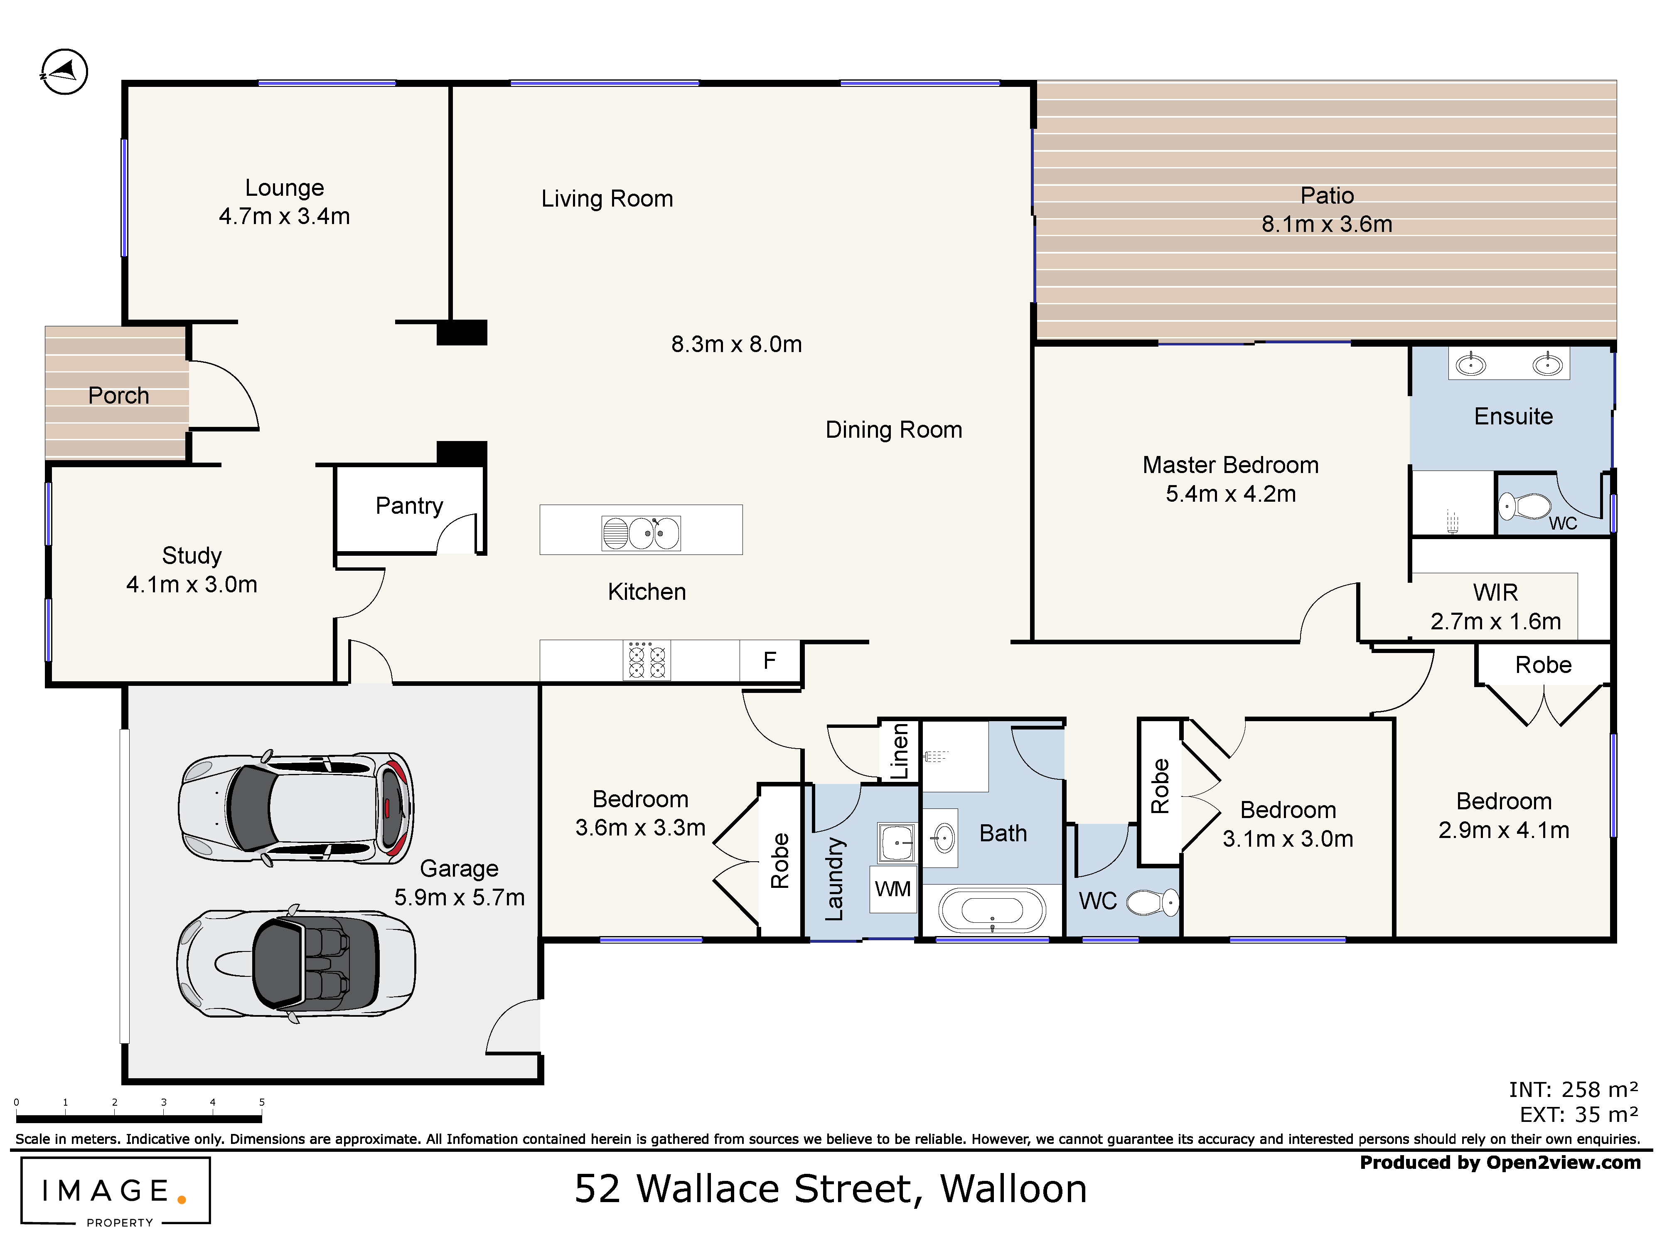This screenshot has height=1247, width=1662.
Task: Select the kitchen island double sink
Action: tap(641, 533)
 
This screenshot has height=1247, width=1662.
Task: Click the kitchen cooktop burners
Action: tap(647, 661)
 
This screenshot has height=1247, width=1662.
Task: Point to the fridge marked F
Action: tap(770, 661)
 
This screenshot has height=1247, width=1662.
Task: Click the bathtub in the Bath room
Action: tap(992, 911)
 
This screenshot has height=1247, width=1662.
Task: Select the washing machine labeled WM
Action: tap(892, 889)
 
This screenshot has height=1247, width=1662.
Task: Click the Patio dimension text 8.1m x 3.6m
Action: tap(1326, 224)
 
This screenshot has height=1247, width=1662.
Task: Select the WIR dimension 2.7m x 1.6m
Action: tap(1495, 621)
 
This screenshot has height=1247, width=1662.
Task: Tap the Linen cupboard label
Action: tap(900, 751)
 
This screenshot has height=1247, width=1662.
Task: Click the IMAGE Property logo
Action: tap(115, 1191)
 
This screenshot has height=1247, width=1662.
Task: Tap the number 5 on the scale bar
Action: tap(261, 1102)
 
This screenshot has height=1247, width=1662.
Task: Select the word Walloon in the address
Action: tap(1013, 1189)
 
